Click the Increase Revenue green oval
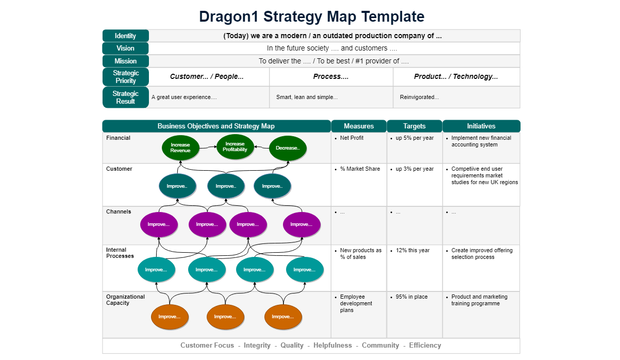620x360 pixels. pos(180,148)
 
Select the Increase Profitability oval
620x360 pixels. pos(235,146)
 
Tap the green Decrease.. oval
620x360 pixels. pos(288,148)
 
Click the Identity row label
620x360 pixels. pos(125,36)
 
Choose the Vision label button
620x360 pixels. pos(125,48)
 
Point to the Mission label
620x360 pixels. pos(125,61)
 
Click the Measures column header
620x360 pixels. pos(359,126)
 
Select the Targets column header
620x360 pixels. pos(414,126)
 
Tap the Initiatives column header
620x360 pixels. pos(481,126)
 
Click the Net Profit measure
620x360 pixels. pos(351,138)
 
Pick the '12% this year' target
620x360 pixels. pos(412,251)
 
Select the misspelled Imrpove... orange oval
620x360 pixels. pos(283,317)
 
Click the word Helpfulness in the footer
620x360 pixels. pos(332,346)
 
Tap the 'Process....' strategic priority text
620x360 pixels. pos(331,77)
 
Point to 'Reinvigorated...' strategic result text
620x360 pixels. pos(419,97)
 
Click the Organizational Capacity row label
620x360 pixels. pos(125,300)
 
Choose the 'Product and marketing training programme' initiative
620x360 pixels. pos(479,300)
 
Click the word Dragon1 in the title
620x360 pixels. pos(229,17)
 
